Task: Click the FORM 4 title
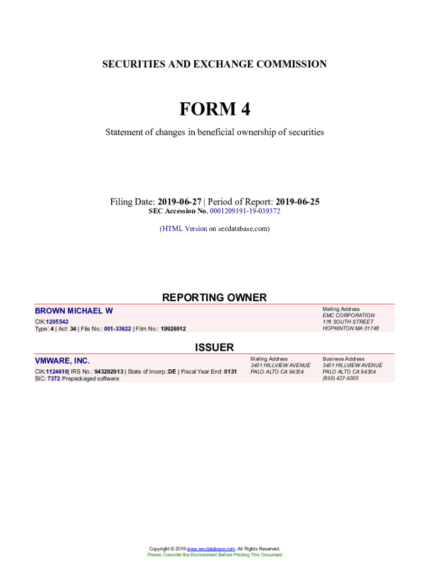[x=214, y=109]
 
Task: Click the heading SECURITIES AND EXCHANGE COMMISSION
[x=214, y=64]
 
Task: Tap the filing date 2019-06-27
[x=179, y=202]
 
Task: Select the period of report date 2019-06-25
[x=298, y=202]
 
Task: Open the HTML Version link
[x=185, y=228]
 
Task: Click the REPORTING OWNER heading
[x=214, y=297]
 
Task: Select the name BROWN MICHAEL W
[x=74, y=311]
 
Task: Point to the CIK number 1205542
[x=57, y=321]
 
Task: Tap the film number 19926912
[x=173, y=329]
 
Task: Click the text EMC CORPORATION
[x=348, y=316]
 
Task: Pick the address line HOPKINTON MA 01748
[x=350, y=328]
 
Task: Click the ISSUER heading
[x=214, y=347]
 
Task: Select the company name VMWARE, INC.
[x=62, y=361]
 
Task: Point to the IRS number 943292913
[x=109, y=371]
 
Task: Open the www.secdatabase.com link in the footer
[x=211, y=549]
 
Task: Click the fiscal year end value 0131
[x=230, y=371]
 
